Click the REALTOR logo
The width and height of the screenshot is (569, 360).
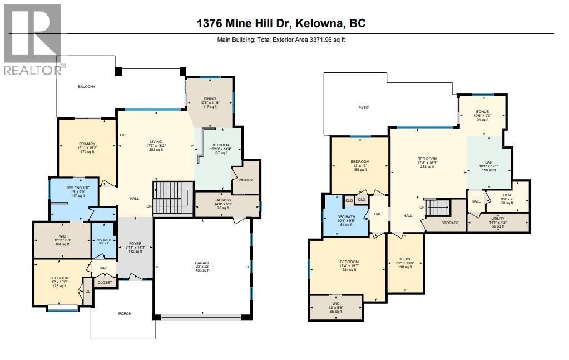coord(32,39)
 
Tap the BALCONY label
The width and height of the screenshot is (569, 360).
coord(86,86)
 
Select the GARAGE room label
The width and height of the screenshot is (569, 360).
coord(202,263)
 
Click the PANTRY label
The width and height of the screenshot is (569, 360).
coord(245,180)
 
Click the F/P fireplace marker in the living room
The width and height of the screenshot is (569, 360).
coord(122,136)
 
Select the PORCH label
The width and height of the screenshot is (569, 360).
coord(125,313)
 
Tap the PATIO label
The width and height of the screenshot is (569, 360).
coord(364,107)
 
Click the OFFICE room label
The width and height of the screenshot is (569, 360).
coord(405,259)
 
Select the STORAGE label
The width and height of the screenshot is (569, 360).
coord(450,223)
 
